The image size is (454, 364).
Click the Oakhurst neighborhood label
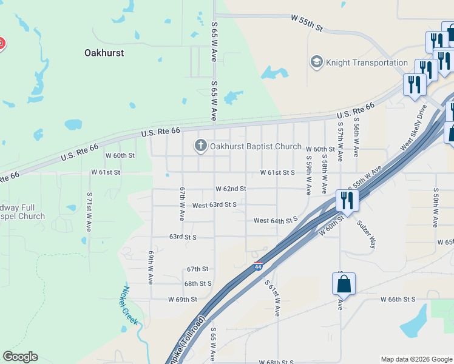point(104,53)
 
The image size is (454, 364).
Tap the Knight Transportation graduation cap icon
point(316,62)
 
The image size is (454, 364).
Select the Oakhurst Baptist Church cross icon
point(201,146)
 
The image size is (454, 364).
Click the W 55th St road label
point(307,23)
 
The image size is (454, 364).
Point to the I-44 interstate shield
point(258,266)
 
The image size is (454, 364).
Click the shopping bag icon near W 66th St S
point(344,283)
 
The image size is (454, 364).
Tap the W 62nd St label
point(231,189)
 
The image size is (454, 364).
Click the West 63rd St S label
point(214,205)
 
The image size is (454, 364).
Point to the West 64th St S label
point(276,220)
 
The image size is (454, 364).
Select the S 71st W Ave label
point(89,213)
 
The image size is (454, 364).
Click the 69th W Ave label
point(151,267)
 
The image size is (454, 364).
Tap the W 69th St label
point(183,299)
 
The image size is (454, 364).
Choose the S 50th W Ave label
point(436,207)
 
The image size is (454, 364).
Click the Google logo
point(20,357)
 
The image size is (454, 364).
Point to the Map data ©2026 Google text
point(416,359)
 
